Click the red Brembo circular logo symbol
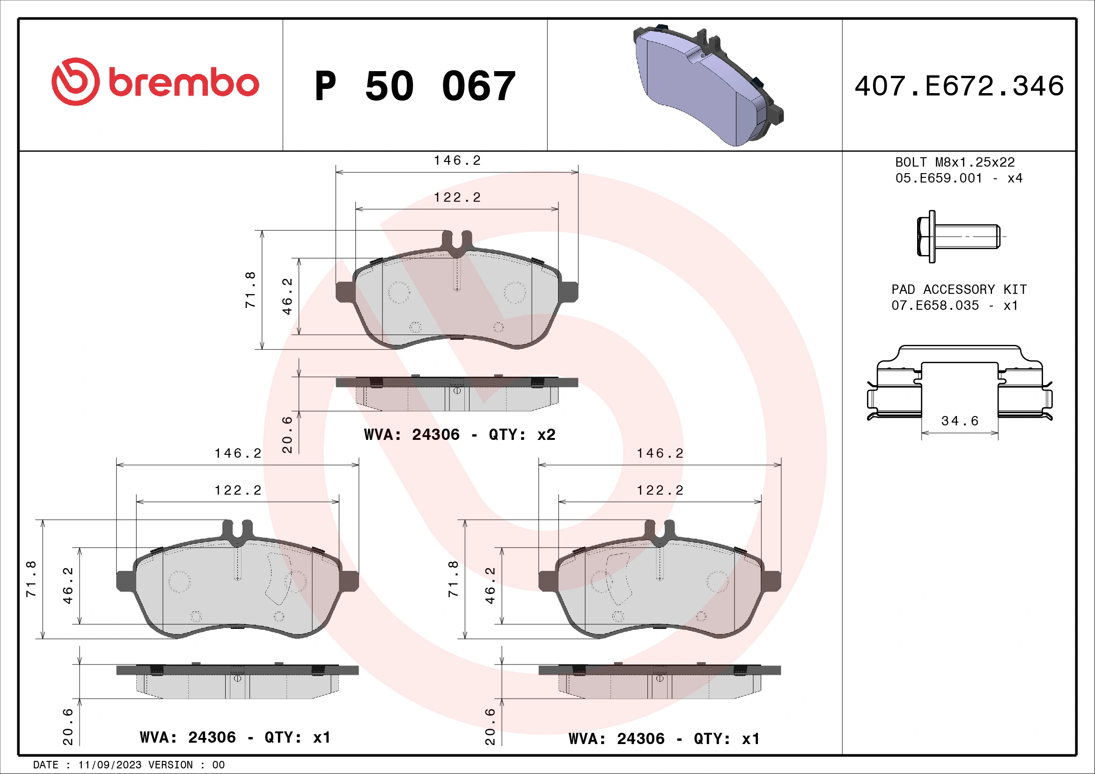click(x=75, y=82)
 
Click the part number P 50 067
click(x=415, y=86)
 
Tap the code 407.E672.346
click(x=959, y=86)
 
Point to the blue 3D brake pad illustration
click(x=706, y=86)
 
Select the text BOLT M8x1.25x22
click(x=955, y=162)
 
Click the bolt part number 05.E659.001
click(x=939, y=178)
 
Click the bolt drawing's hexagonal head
click(x=926, y=236)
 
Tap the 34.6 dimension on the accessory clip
click(x=960, y=421)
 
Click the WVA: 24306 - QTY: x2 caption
click(x=459, y=435)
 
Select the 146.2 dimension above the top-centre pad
click(x=457, y=161)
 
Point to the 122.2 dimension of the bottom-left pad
click(x=238, y=490)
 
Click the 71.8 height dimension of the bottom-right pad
click(x=453, y=579)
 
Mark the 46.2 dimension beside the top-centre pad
click(x=287, y=296)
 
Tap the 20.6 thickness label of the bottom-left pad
click(x=68, y=726)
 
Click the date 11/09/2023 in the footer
click(x=110, y=765)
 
